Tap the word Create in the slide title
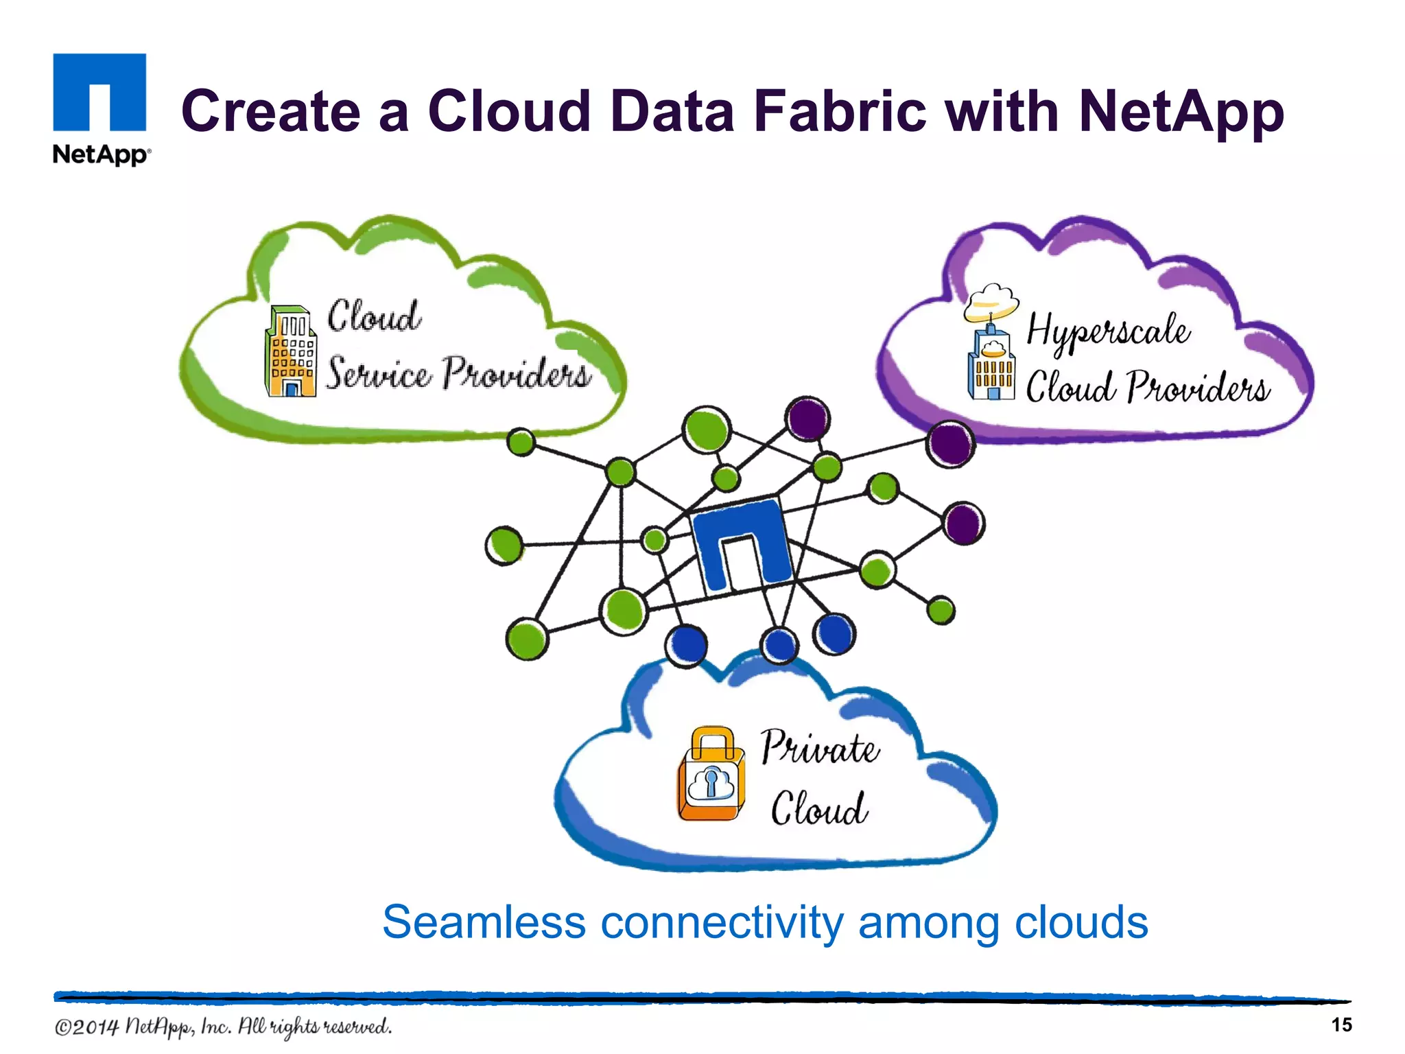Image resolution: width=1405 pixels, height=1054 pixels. coord(270,111)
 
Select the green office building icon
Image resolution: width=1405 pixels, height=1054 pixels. coord(291,351)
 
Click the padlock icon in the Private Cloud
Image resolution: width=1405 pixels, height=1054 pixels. coord(711,774)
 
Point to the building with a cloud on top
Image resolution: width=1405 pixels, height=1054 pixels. coord(991,343)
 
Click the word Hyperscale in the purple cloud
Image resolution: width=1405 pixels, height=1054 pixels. coord(1107,331)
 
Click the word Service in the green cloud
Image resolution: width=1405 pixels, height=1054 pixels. coord(378,374)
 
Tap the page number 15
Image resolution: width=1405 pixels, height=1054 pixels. coord(1341,1024)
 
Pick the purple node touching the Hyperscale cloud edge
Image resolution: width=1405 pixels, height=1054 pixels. coord(950,444)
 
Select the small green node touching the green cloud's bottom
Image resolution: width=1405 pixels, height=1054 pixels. coord(521,442)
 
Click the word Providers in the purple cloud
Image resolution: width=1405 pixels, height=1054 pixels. coord(1198,388)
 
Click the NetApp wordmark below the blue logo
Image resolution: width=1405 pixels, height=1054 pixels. coord(99,154)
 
